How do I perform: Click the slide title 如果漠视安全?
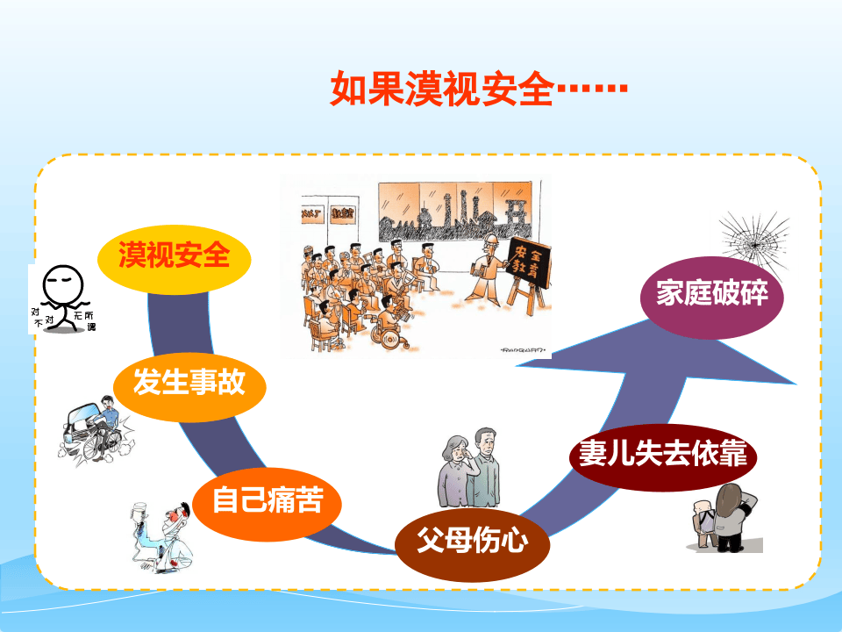(442, 90)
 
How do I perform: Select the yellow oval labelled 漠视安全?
(175, 256)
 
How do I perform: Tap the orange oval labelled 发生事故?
(189, 383)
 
